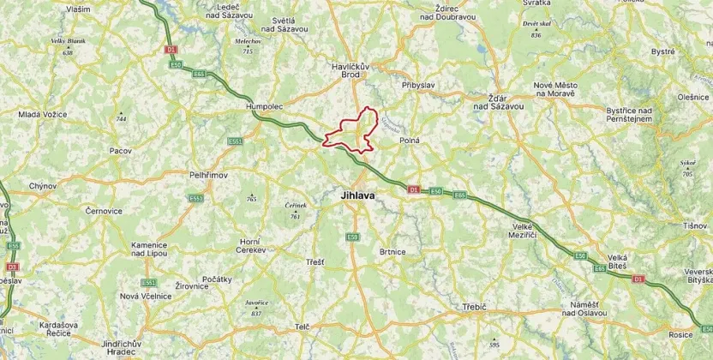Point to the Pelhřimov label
tap(207, 174)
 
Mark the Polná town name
tap(409, 139)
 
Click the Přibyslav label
tap(419, 86)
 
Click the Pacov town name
tap(120, 151)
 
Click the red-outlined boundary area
tap(353, 133)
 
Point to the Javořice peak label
tap(256, 303)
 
